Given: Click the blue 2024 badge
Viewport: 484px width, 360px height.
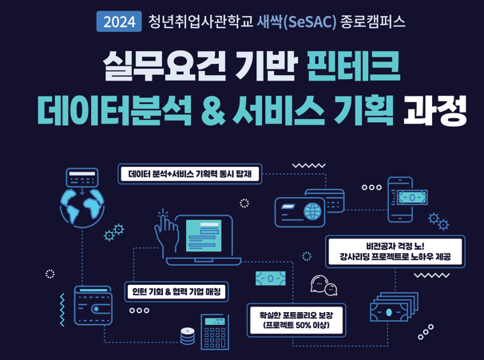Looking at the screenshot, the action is click(119, 22).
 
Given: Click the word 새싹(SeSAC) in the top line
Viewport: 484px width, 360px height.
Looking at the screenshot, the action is click(296, 22).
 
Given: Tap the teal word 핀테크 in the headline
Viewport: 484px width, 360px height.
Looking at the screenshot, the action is click(354, 66).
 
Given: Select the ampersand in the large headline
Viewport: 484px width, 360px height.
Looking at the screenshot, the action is click(213, 110).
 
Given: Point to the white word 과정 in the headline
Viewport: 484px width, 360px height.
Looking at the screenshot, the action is click(434, 110).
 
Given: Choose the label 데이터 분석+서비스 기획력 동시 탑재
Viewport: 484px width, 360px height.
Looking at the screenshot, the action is click(190, 174).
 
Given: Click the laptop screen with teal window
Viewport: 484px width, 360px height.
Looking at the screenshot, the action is click(204, 236).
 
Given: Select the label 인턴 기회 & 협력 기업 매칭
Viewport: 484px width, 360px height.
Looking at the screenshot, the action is click(177, 292).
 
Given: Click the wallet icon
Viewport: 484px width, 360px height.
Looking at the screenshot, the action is click(93, 306).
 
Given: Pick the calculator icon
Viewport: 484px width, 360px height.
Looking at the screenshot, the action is click(215, 332).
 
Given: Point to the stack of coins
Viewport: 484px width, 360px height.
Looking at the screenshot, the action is click(188, 336).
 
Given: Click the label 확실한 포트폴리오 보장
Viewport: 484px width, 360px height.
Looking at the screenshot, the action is click(296, 320).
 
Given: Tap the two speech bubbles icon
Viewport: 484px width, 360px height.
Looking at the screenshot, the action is click(323, 285).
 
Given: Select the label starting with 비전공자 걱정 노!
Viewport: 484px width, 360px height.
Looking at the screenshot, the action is click(395, 251).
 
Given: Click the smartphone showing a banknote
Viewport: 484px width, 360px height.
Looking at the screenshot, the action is click(400, 200).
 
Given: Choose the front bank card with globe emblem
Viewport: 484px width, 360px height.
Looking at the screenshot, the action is click(300, 212).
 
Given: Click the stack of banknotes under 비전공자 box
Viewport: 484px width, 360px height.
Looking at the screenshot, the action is click(395, 307).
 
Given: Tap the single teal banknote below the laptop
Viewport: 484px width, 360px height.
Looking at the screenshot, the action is click(271, 279).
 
